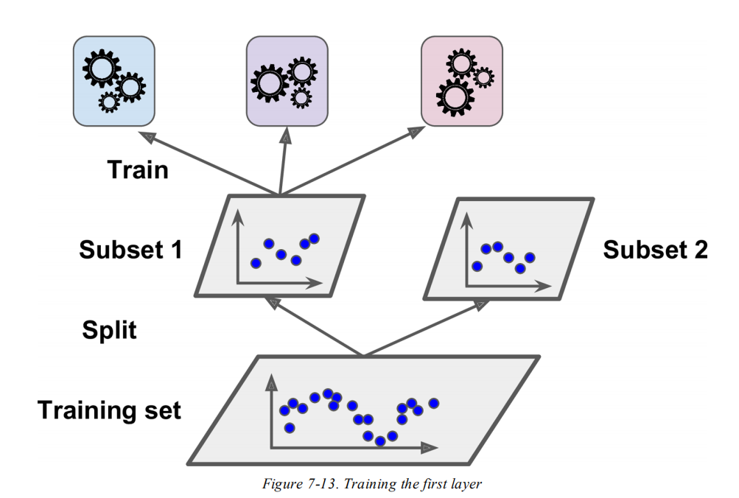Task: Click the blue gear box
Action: coord(113,82)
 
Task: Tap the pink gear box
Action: coord(461,81)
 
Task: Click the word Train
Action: coord(138,170)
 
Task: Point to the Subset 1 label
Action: coord(130,250)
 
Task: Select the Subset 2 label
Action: coord(655,250)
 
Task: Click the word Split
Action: coord(109,329)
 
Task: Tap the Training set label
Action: coord(109,410)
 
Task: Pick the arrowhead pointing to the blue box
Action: coord(148,137)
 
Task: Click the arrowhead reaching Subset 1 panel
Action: coord(271,301)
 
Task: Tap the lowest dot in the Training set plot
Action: coord(380,441)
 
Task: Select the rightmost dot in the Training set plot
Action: coord(434,403)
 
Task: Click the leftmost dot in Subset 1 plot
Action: coord(256,263)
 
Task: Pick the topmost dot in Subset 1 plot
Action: coord(315,238)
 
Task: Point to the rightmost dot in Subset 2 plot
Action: coord(530,257)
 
